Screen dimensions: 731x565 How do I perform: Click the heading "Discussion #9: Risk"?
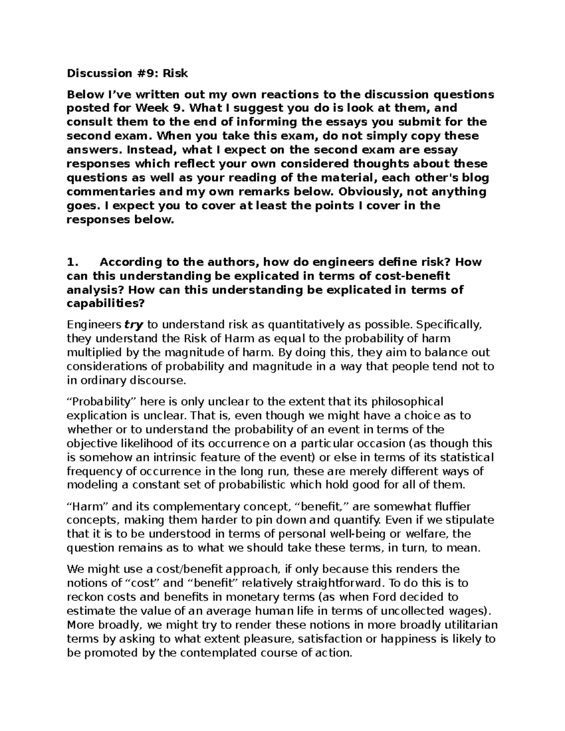point(127,73)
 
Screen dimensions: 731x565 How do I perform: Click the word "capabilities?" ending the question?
point(105,304)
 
